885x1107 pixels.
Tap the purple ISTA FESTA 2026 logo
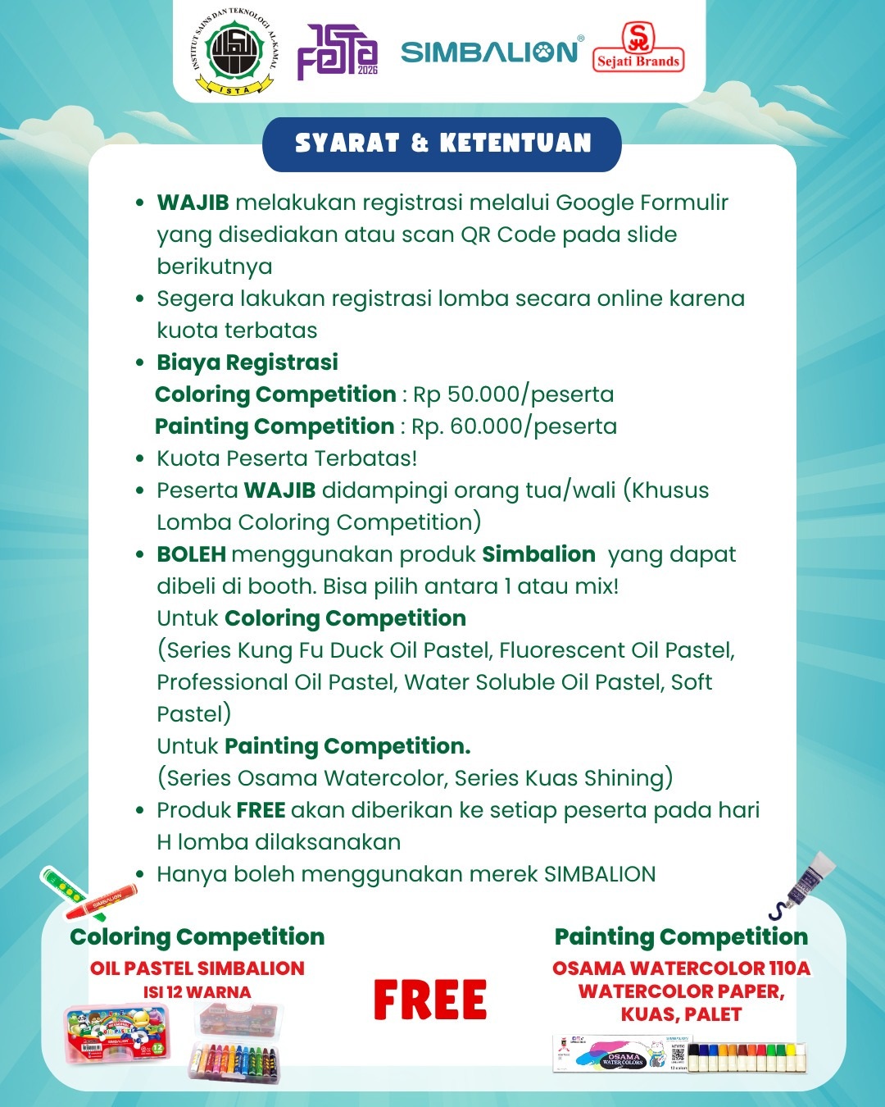(x=337, y=52)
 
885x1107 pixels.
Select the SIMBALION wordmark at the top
(x=490, y=52)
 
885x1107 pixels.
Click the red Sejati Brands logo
(x=638, y=48)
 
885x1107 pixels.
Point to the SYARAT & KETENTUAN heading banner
(x=442, y=143)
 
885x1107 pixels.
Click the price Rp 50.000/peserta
(x=513, y=394)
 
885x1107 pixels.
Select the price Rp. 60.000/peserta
(x=514, y=426)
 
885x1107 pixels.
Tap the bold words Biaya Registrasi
(x=247, y=362)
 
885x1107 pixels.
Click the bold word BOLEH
(x=191, y=554)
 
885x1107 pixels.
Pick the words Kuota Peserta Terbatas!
(x=287, y=458)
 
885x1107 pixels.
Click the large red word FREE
(x=430, y=1000)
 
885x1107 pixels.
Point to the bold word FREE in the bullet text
(x=261, y=810)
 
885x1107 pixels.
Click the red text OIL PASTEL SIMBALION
(x=197, y=968)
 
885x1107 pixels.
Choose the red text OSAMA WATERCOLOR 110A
(x=681, y=968)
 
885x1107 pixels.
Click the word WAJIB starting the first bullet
(x=193, y=203)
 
